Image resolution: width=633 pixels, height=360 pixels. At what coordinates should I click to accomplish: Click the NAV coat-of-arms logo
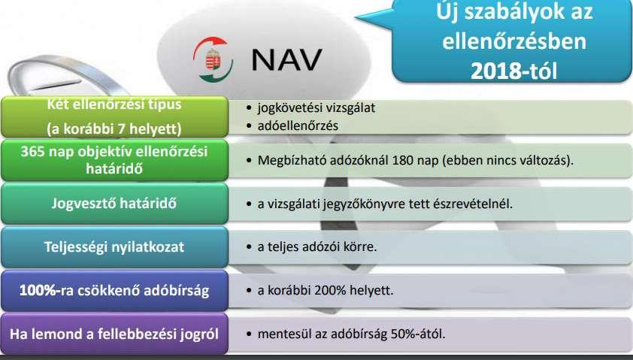pos(213,59)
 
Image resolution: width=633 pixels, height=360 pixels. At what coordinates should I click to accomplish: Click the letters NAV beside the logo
pos(286,59)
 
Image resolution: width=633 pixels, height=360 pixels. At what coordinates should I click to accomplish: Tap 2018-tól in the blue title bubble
pos(514,71)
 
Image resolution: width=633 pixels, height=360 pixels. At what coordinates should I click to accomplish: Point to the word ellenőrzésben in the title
pos(514,41)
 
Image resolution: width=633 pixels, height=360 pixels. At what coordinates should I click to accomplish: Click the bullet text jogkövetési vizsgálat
pos(316,108)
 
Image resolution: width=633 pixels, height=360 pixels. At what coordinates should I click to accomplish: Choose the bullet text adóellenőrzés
pos(298,126)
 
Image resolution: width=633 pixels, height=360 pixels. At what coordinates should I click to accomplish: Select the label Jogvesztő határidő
pos(114,203)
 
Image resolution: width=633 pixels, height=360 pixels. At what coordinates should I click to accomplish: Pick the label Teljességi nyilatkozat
pos(114,247)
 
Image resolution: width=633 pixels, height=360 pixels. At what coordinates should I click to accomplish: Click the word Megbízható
pos(292,160)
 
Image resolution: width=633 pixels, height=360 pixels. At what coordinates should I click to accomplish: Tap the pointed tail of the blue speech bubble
pos(357,18)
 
